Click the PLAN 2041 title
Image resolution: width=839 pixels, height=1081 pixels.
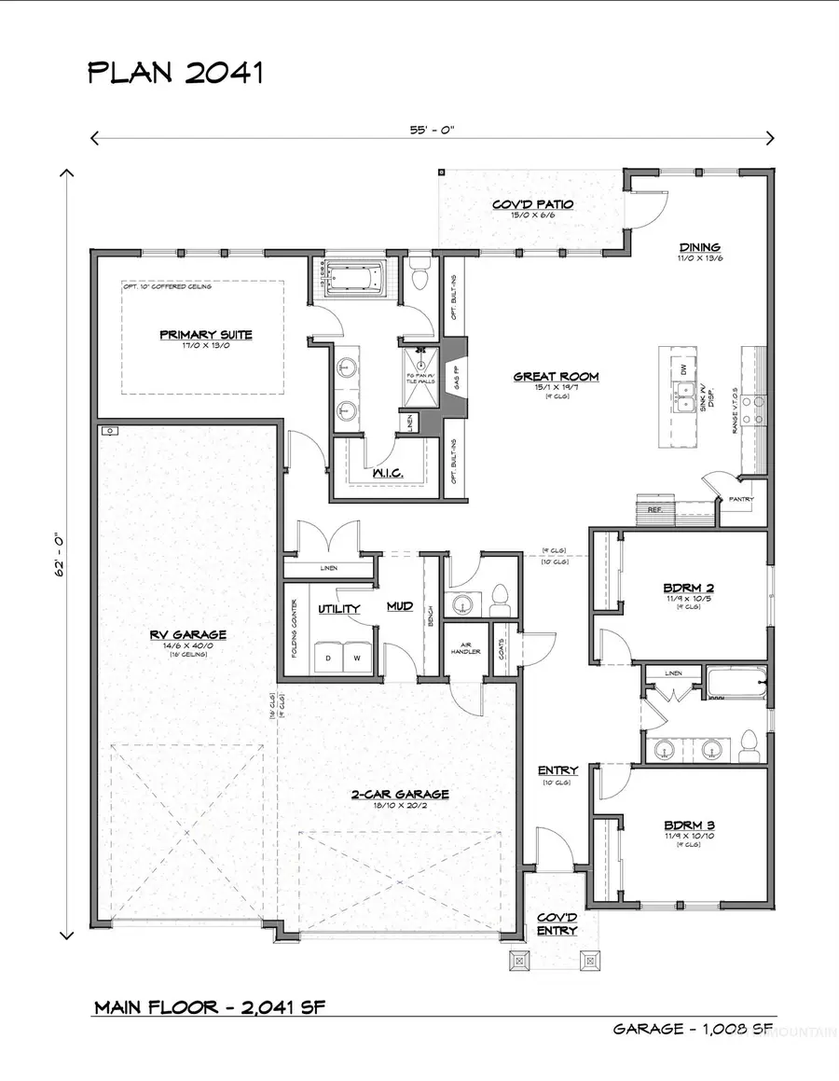(x=175, y=72)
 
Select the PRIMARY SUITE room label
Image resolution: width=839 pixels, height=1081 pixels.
(x=205, y=334)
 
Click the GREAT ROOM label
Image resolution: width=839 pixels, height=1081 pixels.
(x=556, y=377)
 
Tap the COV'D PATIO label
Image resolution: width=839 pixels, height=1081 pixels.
(x=531, y=203)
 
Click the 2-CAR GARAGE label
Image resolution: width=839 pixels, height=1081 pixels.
(x=400, y=795)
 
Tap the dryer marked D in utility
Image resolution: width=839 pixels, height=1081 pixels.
(x=328, y=658)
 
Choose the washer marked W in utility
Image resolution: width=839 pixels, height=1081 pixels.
(x=355, y=658)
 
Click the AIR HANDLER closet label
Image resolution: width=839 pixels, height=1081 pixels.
(x=465, y=646)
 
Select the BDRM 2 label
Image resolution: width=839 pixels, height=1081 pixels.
(x=688, y=587)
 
